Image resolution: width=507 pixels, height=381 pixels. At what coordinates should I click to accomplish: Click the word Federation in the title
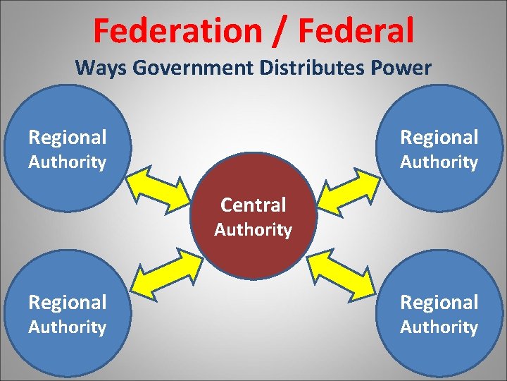click(x=177, y=30)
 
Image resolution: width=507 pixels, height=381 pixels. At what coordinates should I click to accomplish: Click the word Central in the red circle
click(x=254, y=205)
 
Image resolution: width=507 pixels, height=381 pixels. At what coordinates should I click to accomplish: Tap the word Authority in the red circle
click(x=254, y=230)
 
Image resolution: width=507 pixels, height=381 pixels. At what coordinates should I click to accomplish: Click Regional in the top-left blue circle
click(x=68, y=137)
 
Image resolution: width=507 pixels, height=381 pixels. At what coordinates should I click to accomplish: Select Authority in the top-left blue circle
click(x=68, y=162)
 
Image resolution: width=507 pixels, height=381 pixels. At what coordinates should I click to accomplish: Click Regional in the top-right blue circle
click(x=439, y=137)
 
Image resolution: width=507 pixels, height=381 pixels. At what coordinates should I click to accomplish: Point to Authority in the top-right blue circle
click(x=439, y=162)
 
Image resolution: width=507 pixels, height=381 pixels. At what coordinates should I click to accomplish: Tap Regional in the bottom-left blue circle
click(x=68, y=302)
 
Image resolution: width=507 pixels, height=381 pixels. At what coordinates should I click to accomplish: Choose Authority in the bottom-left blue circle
click(x=68, y=327)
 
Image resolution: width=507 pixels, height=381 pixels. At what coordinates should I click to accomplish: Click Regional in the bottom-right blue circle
click(x=439, y=302)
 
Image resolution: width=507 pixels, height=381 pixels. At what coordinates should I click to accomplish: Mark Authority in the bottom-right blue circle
click(x=439, y=327)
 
